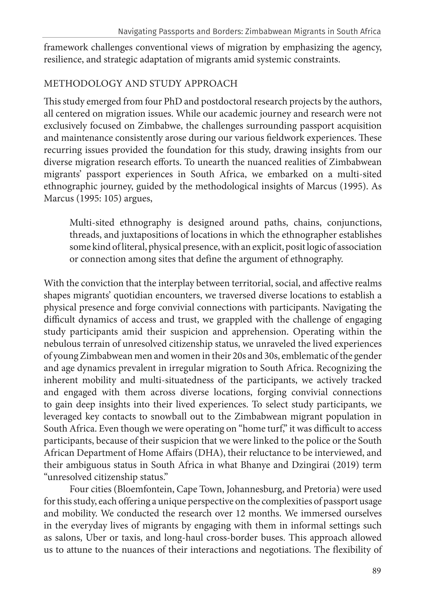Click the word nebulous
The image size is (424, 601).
61,344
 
